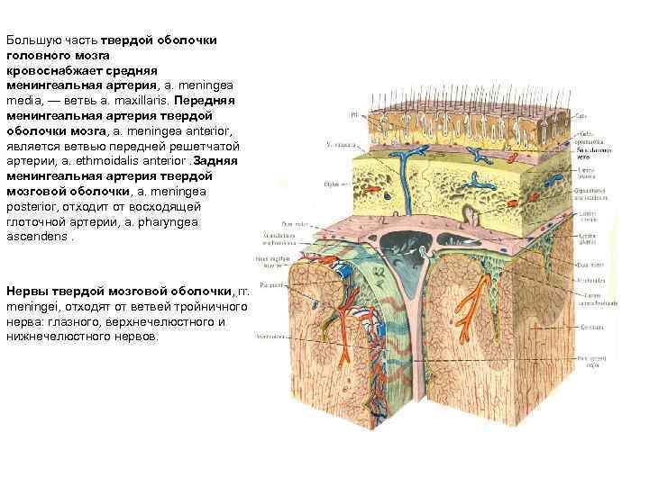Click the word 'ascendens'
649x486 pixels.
coord(35,238)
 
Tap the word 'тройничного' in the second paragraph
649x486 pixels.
coord(212,307)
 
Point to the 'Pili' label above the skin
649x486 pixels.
coord(354,114)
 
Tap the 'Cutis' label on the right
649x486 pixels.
coord(581,116)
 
